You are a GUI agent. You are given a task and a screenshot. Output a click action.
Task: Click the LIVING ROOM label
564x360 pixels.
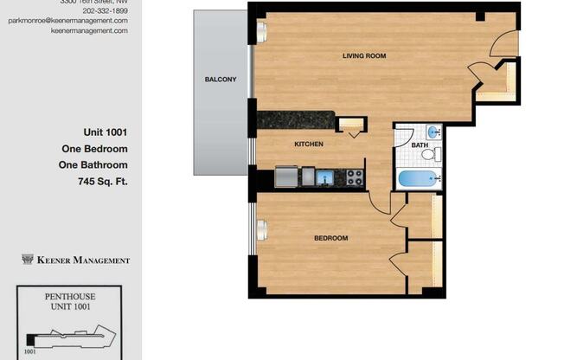(x=363, y=56)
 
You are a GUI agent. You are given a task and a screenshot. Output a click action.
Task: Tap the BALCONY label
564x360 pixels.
(x=221, y=80)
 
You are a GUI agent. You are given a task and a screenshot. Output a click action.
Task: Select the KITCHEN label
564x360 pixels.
(x=309, y=145)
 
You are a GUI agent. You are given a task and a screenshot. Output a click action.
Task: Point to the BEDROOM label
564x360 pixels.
(x=330, y=238)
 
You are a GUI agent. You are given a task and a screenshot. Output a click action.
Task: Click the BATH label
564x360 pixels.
(x=419, y=145)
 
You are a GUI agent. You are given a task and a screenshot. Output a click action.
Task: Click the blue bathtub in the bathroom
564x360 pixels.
(x=420, y=179)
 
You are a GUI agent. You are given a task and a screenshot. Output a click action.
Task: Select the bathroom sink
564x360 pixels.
(x=434, y=132)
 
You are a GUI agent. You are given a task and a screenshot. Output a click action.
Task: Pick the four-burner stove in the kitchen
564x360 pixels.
(x=354, y=177)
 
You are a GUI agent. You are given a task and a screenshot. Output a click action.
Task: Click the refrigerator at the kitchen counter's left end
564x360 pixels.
(x=286, y=177)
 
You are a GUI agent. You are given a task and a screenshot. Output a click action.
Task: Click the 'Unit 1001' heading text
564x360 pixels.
(x=106, y=132)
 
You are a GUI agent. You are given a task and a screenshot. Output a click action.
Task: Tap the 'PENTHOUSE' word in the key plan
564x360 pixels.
(x=69, y=295)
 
